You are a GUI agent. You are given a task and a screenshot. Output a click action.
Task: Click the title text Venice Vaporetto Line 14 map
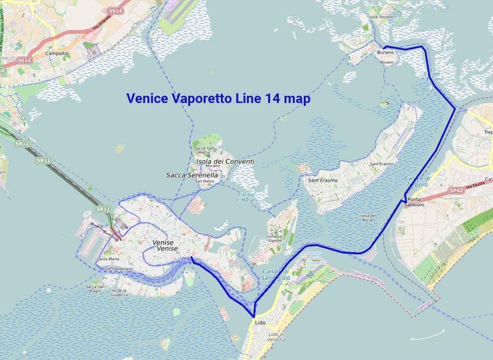tap(218, 99)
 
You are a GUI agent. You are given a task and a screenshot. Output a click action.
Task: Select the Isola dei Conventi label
tap(225, 162)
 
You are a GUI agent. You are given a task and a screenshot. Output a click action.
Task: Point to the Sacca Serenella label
tap(192, 176)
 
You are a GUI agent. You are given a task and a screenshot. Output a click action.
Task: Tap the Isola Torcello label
tap(380, 17)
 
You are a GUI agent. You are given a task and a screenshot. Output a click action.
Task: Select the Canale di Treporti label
tap(417, 181)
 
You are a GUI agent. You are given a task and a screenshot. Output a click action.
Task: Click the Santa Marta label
tap(108, 259)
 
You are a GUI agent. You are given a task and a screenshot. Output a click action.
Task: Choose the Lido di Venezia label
tap(277, 337)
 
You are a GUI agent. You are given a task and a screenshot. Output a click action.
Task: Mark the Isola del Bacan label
tap(367, 218)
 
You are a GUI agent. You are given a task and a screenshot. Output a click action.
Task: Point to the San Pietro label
tap(204, 181)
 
